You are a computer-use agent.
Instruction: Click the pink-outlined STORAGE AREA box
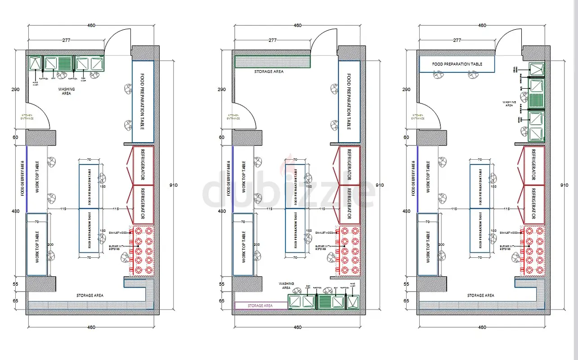261,306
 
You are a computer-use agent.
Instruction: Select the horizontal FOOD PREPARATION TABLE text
457,64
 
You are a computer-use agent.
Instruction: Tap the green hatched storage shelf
273,62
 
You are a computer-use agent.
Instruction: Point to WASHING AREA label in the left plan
67,91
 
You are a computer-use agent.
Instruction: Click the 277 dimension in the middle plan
273,40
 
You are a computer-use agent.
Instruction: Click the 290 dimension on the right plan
406,90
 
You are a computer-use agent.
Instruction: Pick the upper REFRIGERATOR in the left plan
143,165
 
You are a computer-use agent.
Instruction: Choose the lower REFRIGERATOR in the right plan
534,205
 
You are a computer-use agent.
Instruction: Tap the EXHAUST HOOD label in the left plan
118,233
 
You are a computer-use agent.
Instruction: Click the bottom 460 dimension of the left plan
91,327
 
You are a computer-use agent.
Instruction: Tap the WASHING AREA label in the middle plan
286,286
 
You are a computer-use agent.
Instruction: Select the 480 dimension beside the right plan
406,211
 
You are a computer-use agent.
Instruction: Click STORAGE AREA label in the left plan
90,295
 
